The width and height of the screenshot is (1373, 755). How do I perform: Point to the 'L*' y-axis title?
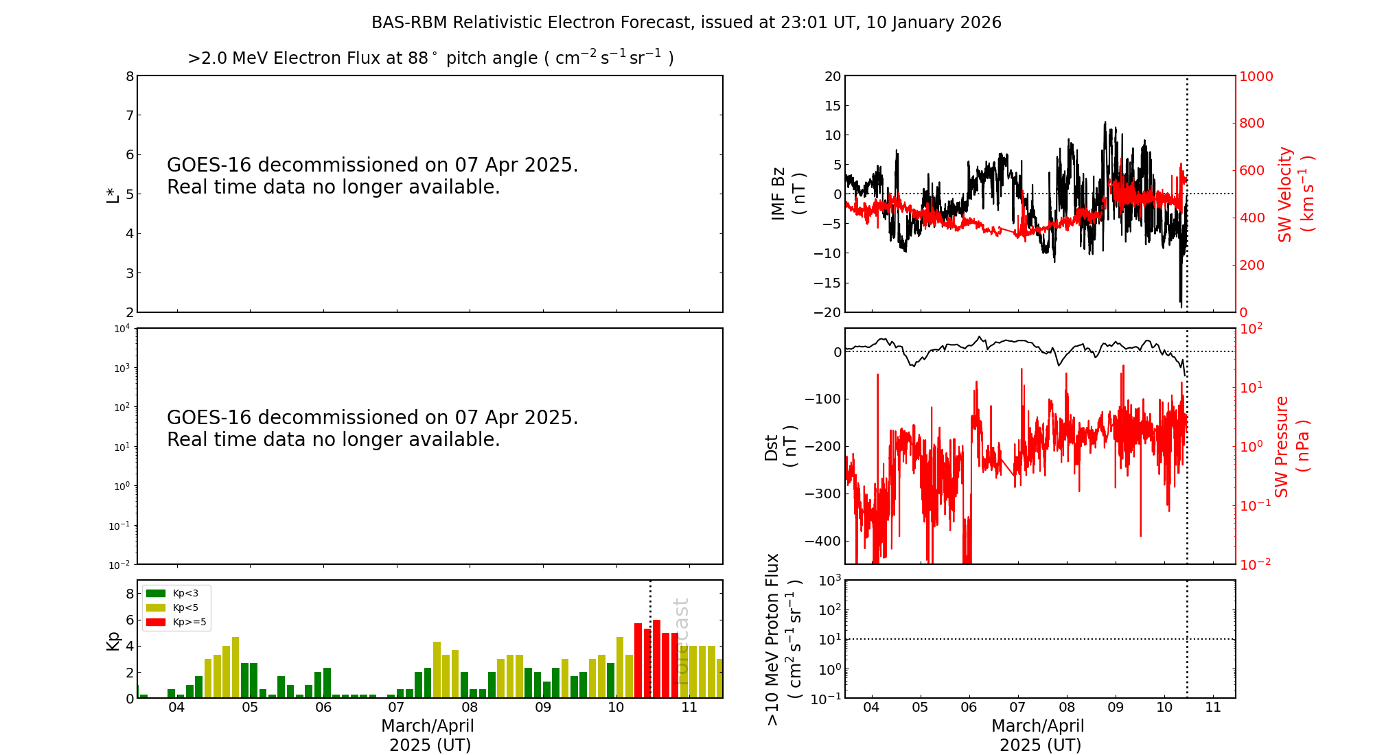[113, 194]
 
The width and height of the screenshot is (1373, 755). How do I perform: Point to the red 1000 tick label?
[1256, 76]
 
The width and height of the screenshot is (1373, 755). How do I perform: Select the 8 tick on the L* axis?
[130, 76]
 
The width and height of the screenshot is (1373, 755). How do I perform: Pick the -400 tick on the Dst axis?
[822, 541]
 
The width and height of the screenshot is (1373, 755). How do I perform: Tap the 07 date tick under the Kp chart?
[396, 708]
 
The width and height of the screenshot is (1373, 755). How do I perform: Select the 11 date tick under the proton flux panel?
[1213, 708]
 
